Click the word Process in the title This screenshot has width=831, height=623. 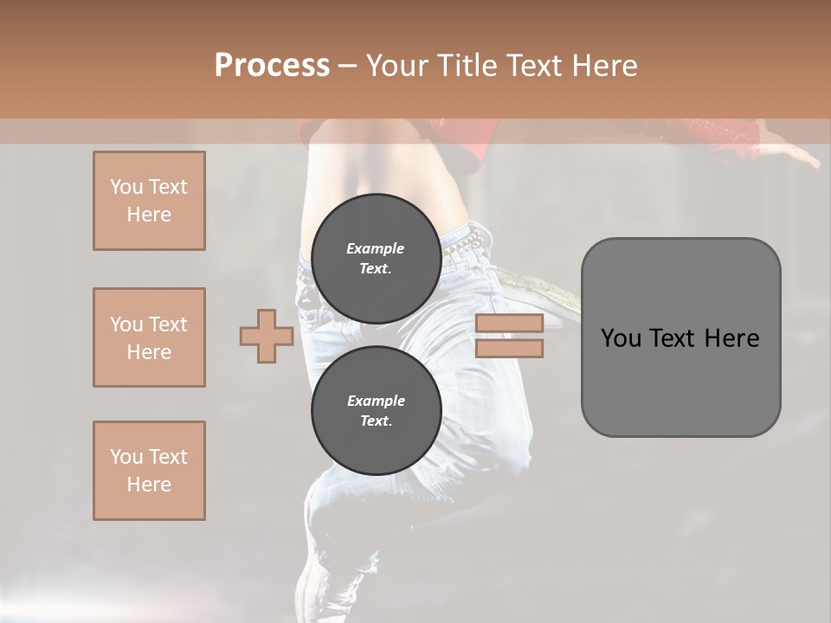pyautogui.click(x=272, y=66)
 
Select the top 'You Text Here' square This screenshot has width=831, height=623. pyautogui.click(x=149, y=201)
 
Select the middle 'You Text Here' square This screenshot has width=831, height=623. pyautogui.click(x=149, y=337)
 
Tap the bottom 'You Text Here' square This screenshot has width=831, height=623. pyautogui.click(x=149, y=471)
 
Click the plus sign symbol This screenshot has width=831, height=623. pyautogui.click(x=267, y=336)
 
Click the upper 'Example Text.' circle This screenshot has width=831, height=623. pyautogui.click(x=376, y=259)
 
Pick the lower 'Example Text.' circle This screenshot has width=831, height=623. pyautogui.click(x=376, y=411)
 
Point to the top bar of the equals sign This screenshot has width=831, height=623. pyautogui.click(x=509, y=324)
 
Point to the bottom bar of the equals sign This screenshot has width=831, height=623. pyautogui.click(x=509, y=349)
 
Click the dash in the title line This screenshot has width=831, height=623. pyautogui.click(x=348, y=66)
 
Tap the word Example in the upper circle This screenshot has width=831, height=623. pyautogui.click(x=376, y=248)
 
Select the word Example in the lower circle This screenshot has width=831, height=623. pyautogui.click(x=376, y=401)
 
